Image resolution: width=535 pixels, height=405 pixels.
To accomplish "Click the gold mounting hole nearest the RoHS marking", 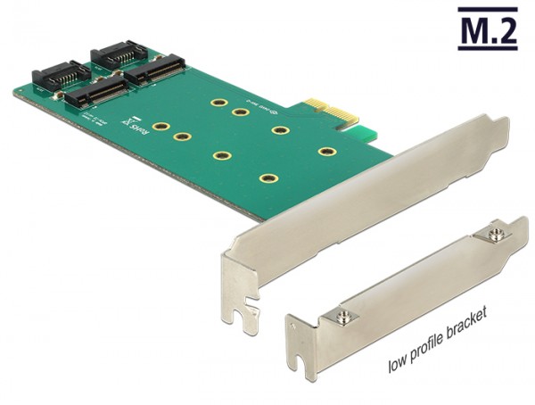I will point(160,127).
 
